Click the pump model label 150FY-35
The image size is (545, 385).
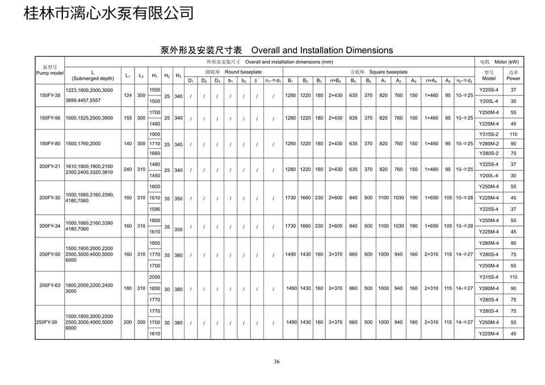(49, 95)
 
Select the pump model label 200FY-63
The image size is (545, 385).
(49, 285)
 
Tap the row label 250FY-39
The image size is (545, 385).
(47, 322)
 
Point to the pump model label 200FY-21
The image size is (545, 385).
(49, 166)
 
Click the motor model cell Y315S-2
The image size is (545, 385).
(488, 135)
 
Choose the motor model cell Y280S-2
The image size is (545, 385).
(488, 153)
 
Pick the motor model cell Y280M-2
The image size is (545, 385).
(488, 144)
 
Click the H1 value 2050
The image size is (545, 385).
(154, 277)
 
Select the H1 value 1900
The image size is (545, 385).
(154, 135)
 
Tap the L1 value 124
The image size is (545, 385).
(128, 95)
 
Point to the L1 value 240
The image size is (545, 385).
(128, 169)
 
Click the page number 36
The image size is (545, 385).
(276, 362)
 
